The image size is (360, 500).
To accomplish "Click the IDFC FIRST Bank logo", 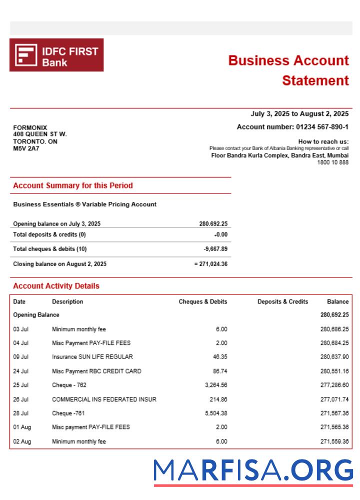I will [56, 55].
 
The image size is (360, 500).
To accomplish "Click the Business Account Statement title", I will [288, 70].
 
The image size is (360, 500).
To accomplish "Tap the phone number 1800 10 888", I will [332, 162].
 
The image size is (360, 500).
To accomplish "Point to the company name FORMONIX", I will [30, 127].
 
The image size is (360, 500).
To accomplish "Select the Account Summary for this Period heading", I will [73, 185].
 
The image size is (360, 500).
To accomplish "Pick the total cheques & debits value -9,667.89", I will [215, 249].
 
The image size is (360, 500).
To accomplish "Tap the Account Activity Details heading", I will [56, 286].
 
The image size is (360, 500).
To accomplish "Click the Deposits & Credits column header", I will [282, 301].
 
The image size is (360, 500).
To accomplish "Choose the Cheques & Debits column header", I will [202, 301].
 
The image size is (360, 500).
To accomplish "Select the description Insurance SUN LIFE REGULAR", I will [92, 357].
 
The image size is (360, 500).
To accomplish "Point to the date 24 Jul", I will [21, 371].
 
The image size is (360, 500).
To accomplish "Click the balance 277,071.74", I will [334, 399].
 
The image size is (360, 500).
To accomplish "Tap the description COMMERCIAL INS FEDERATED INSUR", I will [104, 399].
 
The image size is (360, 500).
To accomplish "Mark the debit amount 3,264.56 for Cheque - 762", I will [215, 385].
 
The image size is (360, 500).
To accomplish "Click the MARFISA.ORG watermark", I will [253, 471].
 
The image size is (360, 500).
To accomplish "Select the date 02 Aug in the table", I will [22, 441].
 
